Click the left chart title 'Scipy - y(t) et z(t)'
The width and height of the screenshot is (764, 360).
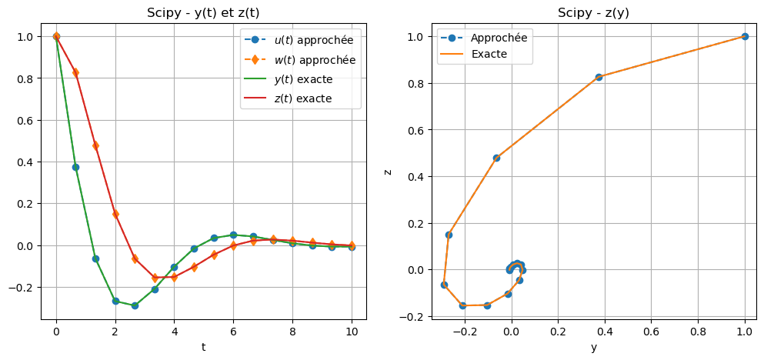pyautogui.click(x=203, y=13)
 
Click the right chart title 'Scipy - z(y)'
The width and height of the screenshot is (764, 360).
pyautogui.click(x=593, y=13)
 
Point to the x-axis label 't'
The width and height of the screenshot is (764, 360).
pyautogui.click(x=203, y=347)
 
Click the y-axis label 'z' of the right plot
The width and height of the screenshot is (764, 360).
pyautogui.click(x=388, y=171)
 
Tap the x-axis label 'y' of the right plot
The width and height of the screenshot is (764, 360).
pyautogui.click(x=593, y=347)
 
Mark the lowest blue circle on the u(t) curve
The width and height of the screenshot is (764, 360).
pyautogui.click(x=135, y=305)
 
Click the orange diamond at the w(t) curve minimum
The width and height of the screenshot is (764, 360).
pyautogui.click(x=155, y=278)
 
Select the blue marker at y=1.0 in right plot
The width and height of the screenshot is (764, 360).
pyautogui.click(x=744, y=36)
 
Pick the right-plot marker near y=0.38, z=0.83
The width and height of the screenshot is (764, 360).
pyautogui.click(x=599, y=77)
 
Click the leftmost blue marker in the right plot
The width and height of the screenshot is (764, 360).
pyautogui.click(x=444, y=285)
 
